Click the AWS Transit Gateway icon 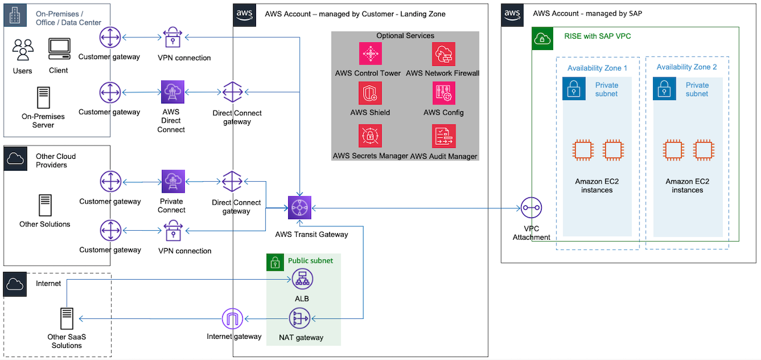[300, 208]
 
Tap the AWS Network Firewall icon [443, 54]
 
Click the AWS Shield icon [370, 93]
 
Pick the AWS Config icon [443, 93]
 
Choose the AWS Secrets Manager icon [370, 135]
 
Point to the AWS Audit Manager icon [443, 136]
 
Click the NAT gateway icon [300, 318]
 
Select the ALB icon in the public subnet [302, 280]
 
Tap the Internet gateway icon [233, 318]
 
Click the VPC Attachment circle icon [531, 208]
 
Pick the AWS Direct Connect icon [173, 92]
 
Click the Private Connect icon [173, 181]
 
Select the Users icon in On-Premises [23, 50]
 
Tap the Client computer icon [59, 49]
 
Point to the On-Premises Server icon [43, 98]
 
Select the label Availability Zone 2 [687, 67]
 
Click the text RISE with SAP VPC [598, 36]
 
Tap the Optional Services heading [405, 36]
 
